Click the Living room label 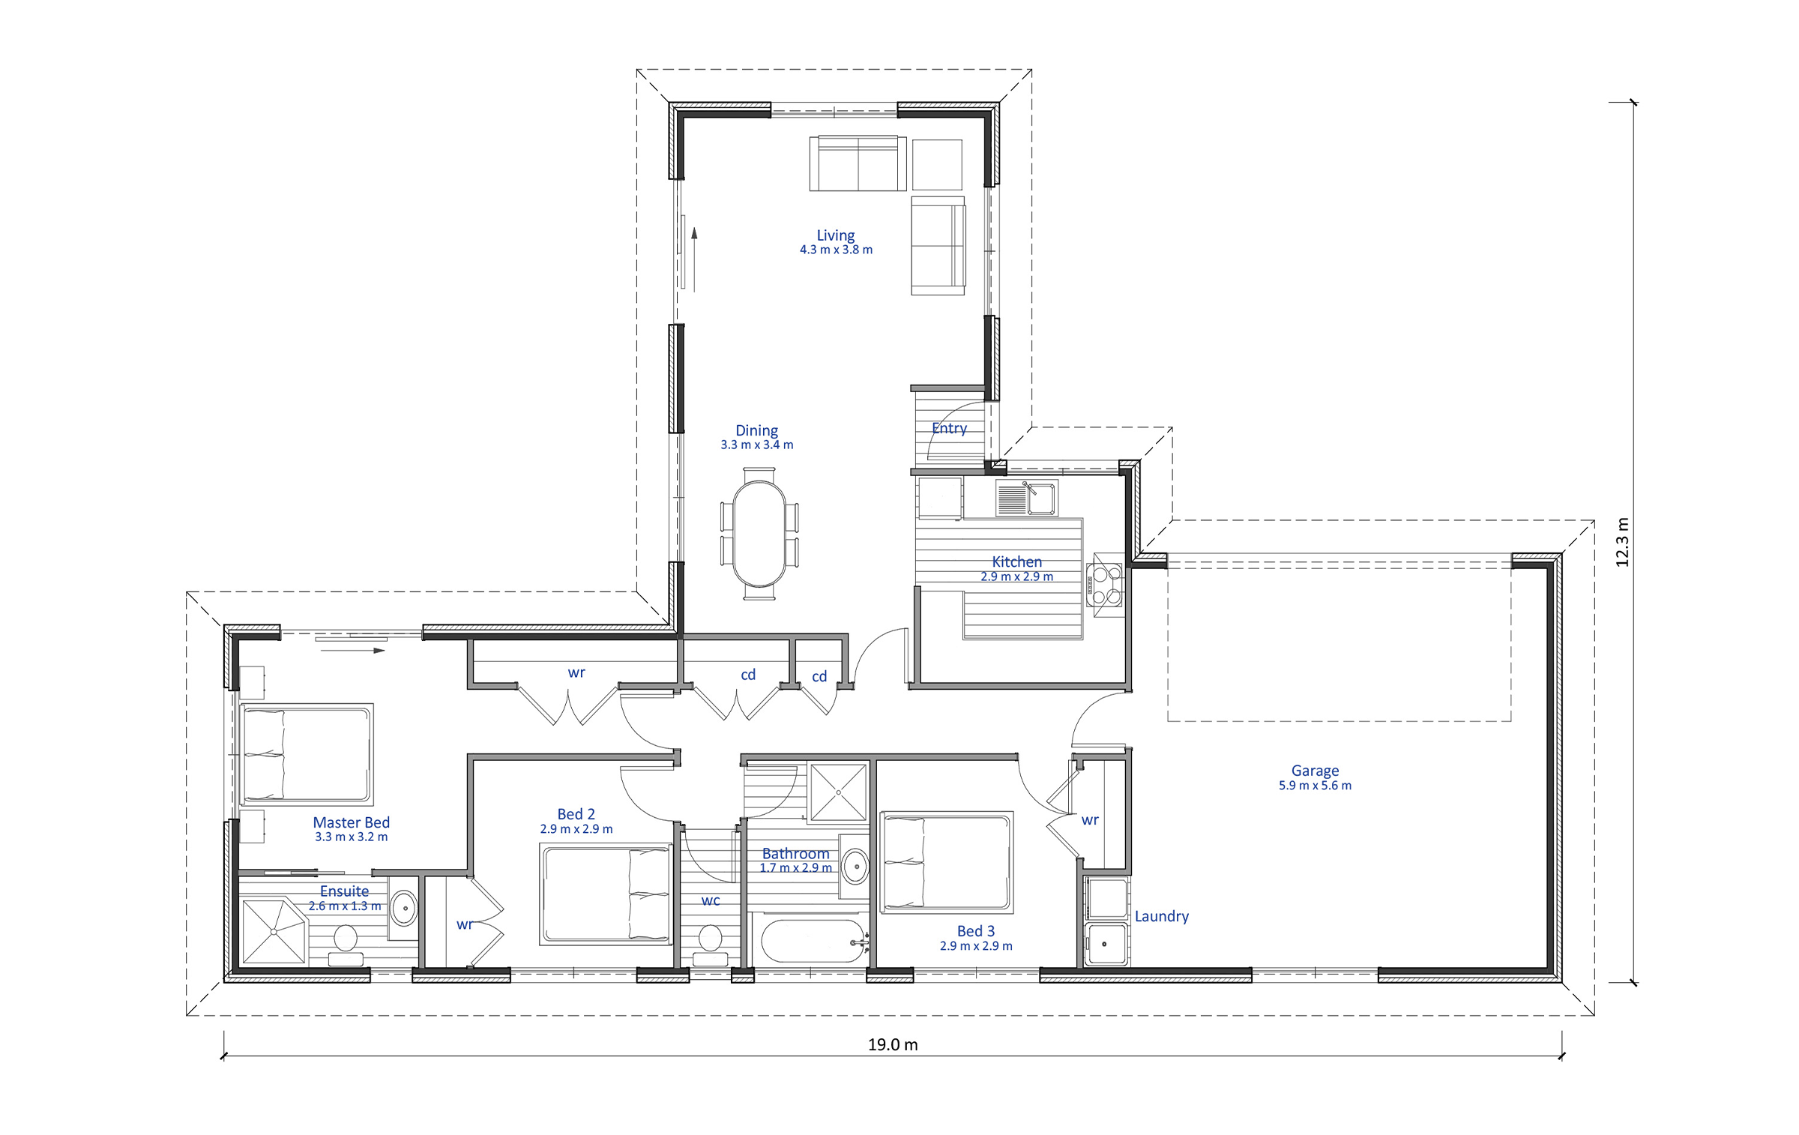coord(835,235)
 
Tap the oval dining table coord(759,533)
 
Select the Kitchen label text coord(1016,562)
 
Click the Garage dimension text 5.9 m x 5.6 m coord(1315,786)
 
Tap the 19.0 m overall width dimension coord(893,1044)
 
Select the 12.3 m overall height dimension coord(1622,542)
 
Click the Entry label coord(949,428)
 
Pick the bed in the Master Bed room coord(306,754)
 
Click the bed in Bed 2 coord(605,894)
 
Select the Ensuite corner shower coord(274,931)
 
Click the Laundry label coord(1161,916)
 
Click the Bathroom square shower coord(838,792)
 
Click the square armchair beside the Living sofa coord(937,164)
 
